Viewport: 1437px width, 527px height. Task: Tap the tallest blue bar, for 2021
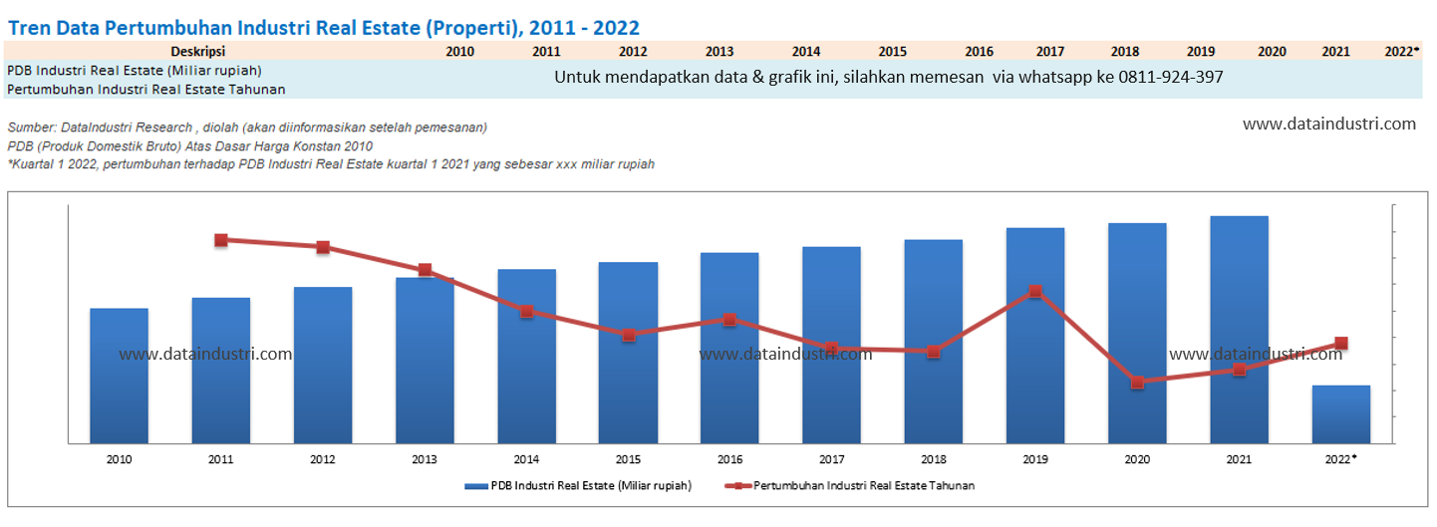tap(1239, 329)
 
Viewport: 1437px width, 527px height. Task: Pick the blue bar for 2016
tap(729, 348)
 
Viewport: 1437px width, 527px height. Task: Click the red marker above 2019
tap(1035, 291)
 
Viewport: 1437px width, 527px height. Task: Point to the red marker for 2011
tap(221, 240)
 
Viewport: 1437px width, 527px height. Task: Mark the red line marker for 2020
tap(1137, 382)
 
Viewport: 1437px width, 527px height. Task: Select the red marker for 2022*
tap(1341, 344)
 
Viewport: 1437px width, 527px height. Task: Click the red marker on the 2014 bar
tap(526, 311)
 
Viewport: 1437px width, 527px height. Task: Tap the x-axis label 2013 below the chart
tap(425, 459)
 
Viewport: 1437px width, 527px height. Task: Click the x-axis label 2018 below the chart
tap(933, 459)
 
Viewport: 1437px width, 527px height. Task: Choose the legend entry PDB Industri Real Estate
tap(578, 486)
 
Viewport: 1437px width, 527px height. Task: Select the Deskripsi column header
tap(197, 51)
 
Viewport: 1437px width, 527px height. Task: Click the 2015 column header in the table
tap(892, 51)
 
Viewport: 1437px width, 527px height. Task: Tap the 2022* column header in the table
tap(1402, 51)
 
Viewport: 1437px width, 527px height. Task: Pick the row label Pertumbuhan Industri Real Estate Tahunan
tap(146, 90)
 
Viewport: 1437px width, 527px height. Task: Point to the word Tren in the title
tap(29, 27)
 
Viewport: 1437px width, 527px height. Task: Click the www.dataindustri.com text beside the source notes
tap(1329, 125)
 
